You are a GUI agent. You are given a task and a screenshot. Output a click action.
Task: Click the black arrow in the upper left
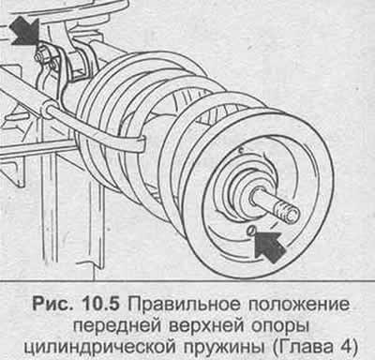tap(25, 31)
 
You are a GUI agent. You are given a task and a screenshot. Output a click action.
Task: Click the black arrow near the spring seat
tap(269, 245)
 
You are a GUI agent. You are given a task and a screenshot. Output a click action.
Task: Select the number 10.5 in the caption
tap(100, 304)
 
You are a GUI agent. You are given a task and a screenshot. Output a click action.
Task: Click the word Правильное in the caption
tap(184, 304)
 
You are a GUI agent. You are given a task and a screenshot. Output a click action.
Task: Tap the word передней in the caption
tap(117, 326)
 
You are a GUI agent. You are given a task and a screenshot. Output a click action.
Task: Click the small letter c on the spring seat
tap(241, 151)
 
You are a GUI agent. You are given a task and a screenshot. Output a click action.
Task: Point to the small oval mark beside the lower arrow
tap(250, 230)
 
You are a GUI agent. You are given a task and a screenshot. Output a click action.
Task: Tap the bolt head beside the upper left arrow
tap(37, 58)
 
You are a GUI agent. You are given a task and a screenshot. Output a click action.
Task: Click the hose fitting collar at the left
tap(47, 109)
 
